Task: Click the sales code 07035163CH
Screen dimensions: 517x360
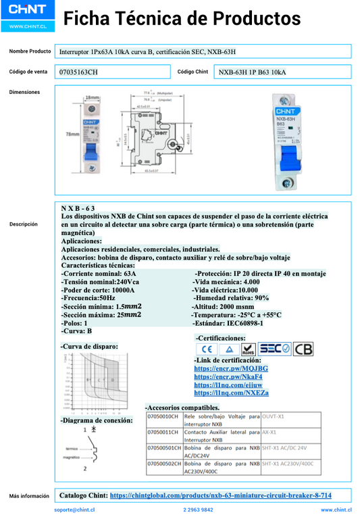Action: click(x=78, y=72)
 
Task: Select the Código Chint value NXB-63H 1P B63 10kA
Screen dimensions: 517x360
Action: click(x=252, y=72)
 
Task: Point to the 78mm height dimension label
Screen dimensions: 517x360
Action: click(x=71, y=134)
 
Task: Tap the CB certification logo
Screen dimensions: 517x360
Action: click(x=303, y=349)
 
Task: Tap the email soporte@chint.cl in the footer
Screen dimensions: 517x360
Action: click(x=74, y=510)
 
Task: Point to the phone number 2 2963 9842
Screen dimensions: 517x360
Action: click(x=198, y=510)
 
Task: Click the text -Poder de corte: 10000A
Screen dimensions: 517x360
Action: click(x=97, y=290)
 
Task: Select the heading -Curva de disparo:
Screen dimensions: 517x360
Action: click(x=89, y=346)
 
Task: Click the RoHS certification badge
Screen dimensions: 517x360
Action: click(x=248, y=349)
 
